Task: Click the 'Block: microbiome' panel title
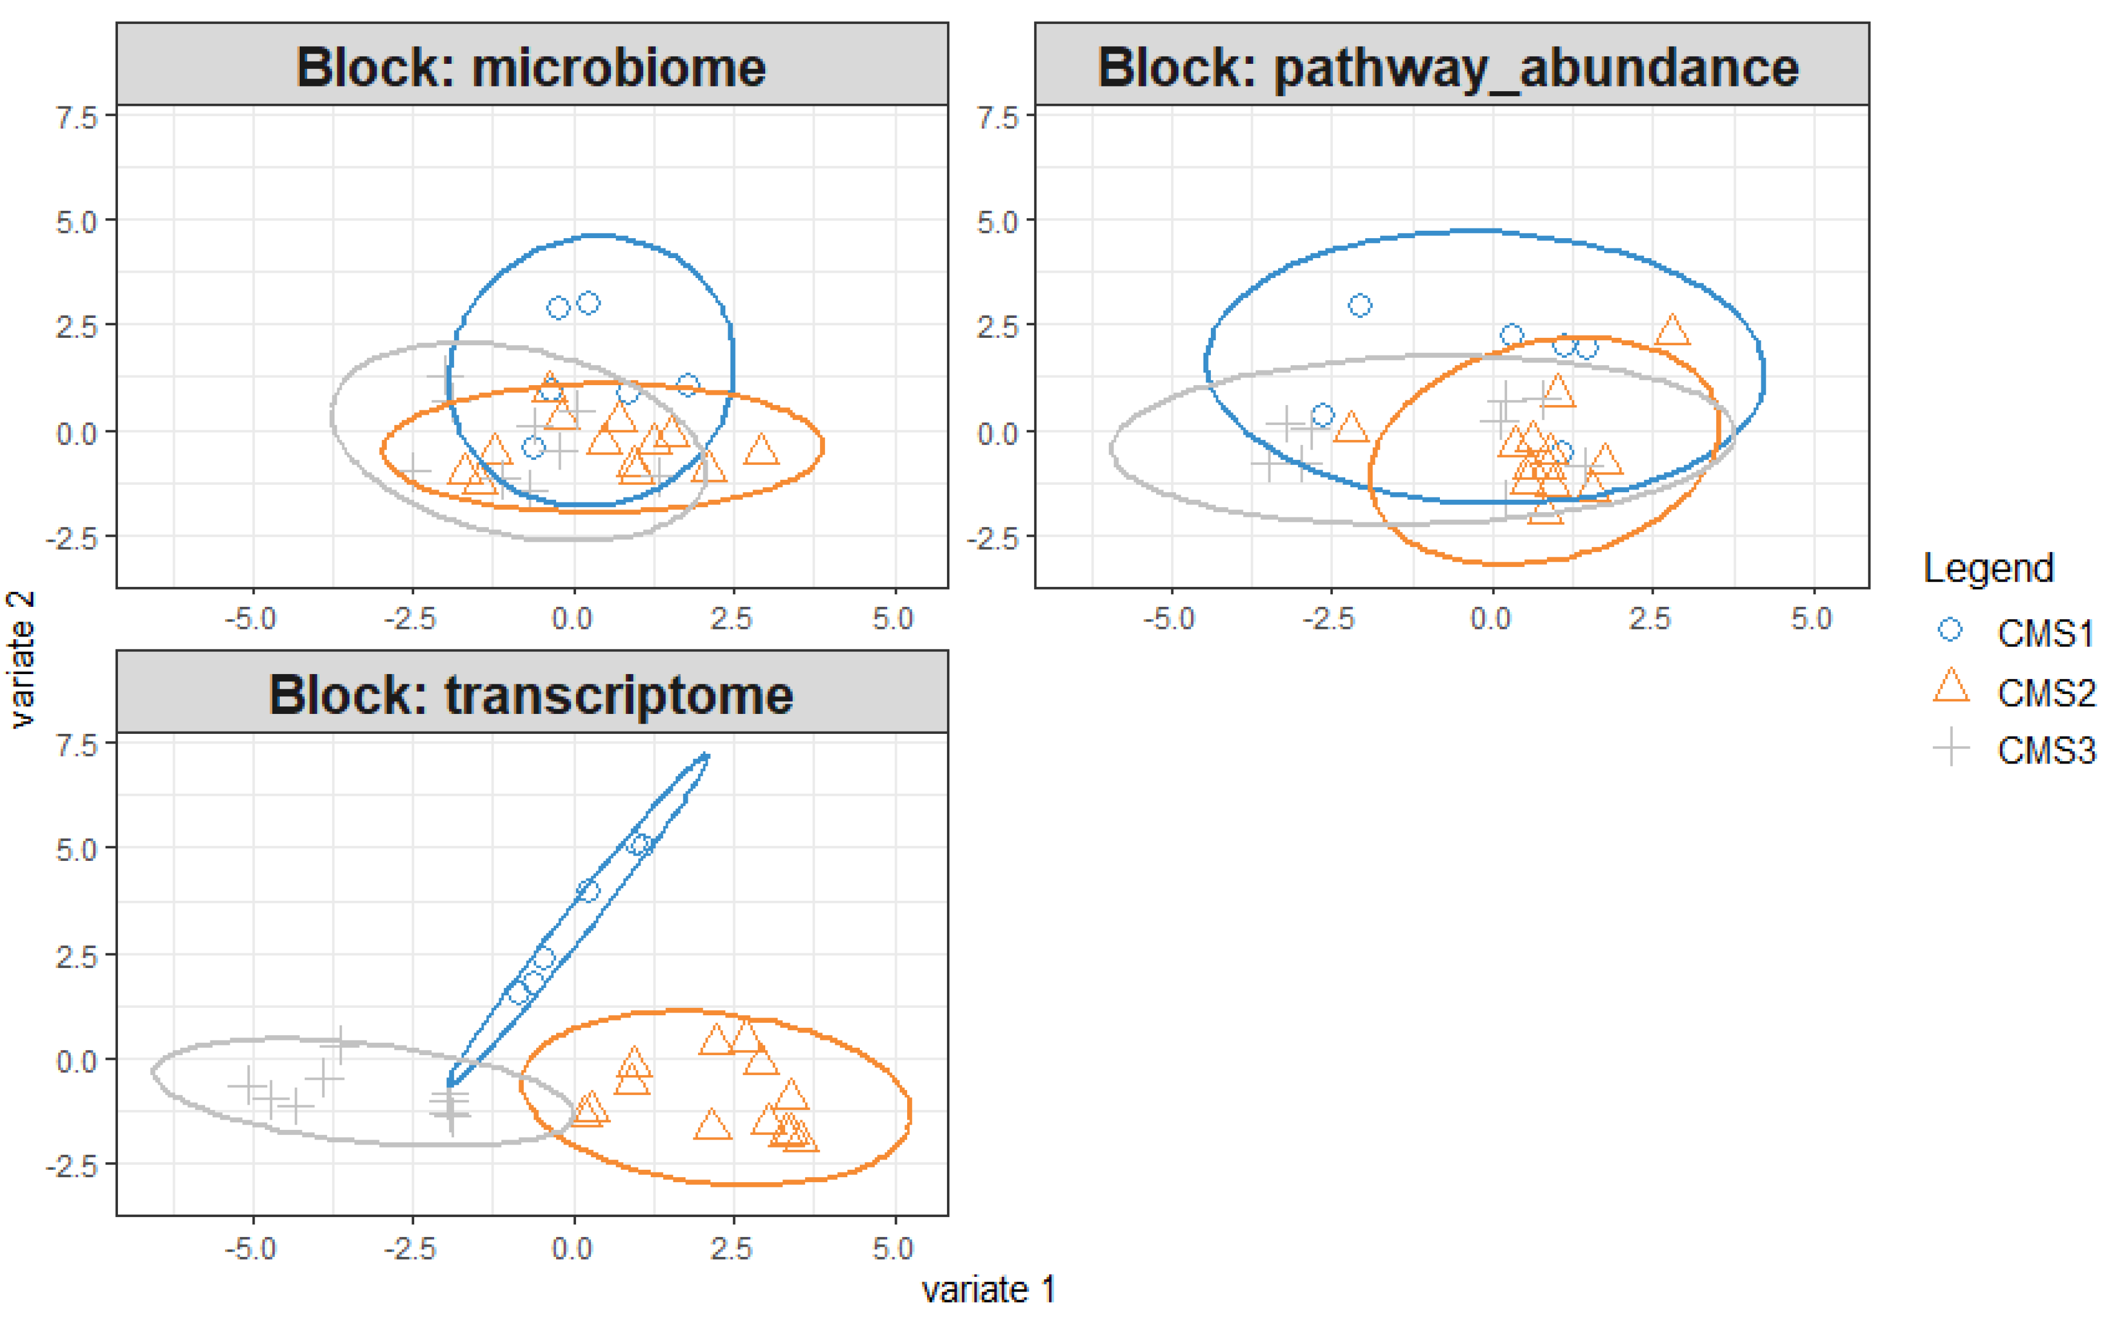tap(530, 67)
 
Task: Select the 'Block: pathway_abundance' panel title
tap(1448, 67)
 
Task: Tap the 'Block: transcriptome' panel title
tap(530, 695)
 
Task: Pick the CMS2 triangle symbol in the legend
tap(1950, 687)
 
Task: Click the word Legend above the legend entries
tap(1988, 569)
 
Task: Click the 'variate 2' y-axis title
tap(21, 659)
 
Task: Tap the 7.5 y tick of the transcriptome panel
tap(77, 746)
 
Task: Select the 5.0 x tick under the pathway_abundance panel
tap(1811, 619)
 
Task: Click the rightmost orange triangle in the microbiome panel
tap(761, 450)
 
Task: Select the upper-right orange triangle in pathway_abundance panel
tap(1672, 330)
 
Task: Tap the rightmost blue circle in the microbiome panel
tap(687, 385)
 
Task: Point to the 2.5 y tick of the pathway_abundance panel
tap(997, 327)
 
